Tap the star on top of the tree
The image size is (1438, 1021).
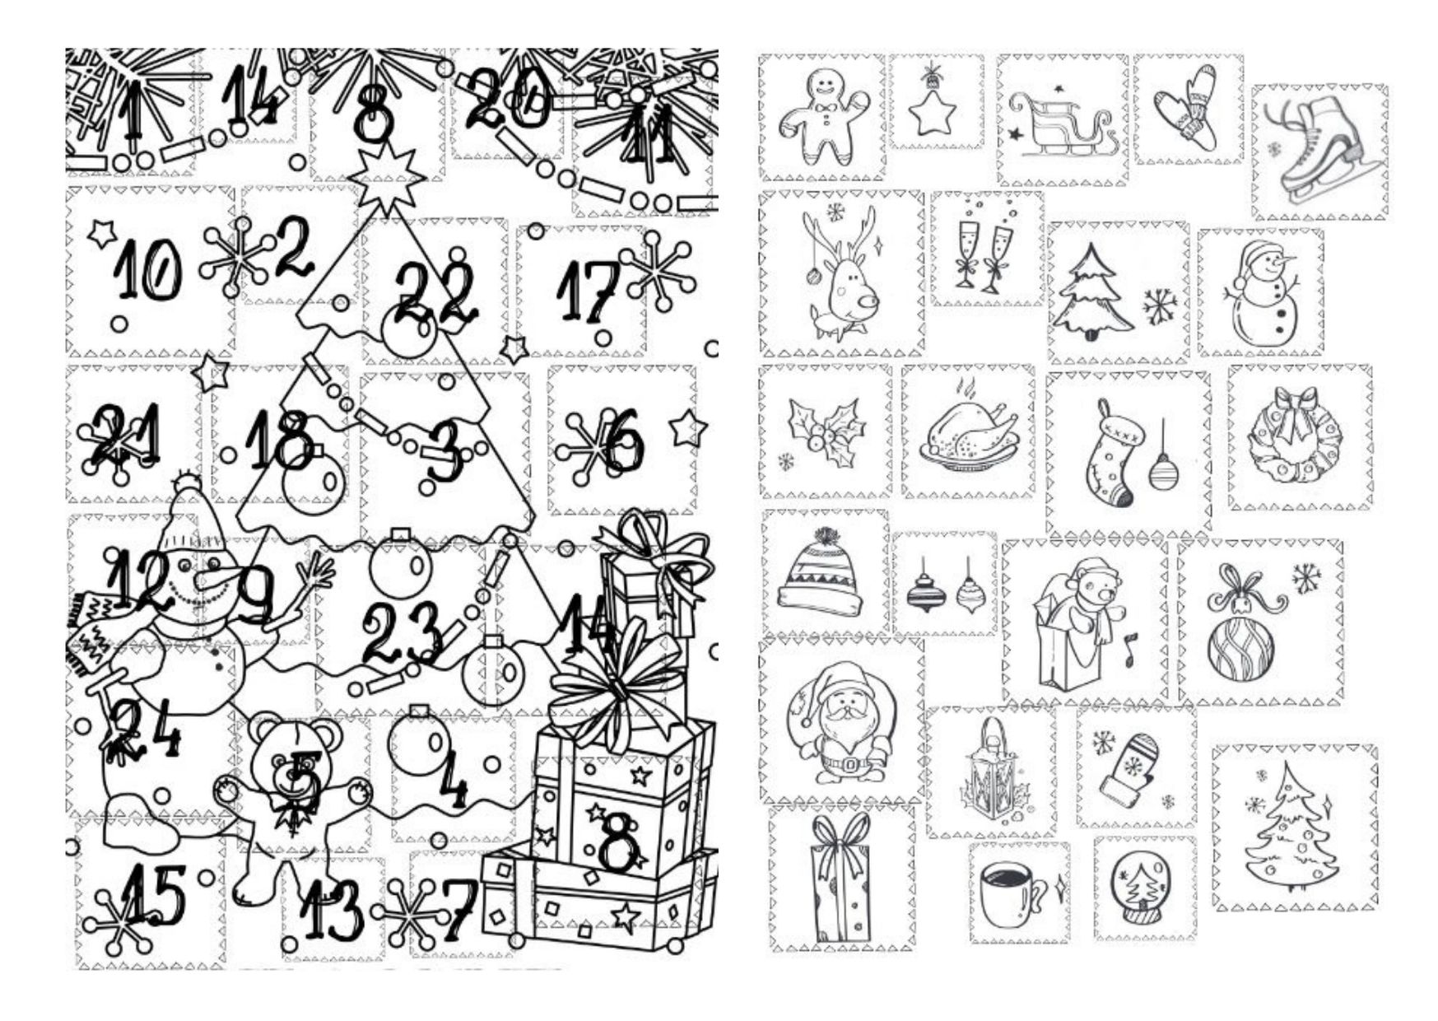pos(385,175)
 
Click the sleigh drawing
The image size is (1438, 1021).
pos(1062,125)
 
